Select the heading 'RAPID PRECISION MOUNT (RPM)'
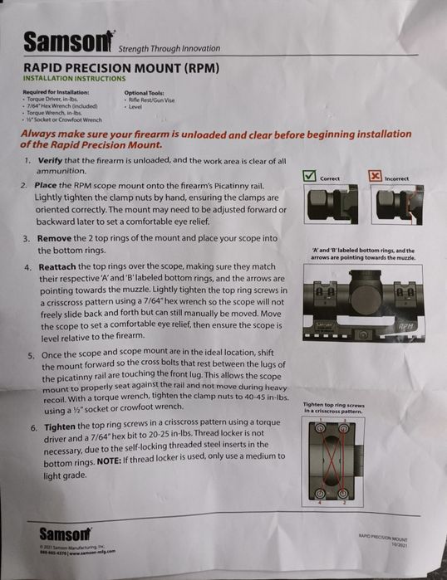coord(120,67)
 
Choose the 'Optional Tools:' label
coord(145,92)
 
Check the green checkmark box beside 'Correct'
coord(311,176)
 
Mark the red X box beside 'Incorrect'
coord(375,176)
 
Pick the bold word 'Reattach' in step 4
coord(57,268)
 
